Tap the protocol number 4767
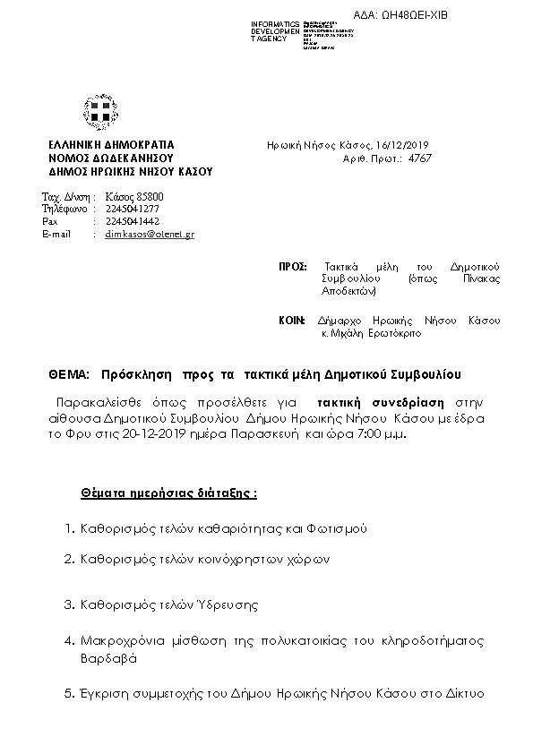coord(420,157)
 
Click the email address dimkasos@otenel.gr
coord(150,234)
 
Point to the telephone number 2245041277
coord(133,209)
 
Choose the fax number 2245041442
coord(133,221)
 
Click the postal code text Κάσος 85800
coord(134,196)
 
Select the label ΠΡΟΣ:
coord(293,267)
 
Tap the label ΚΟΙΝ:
coord(293,320)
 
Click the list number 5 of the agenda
coord(68,693)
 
